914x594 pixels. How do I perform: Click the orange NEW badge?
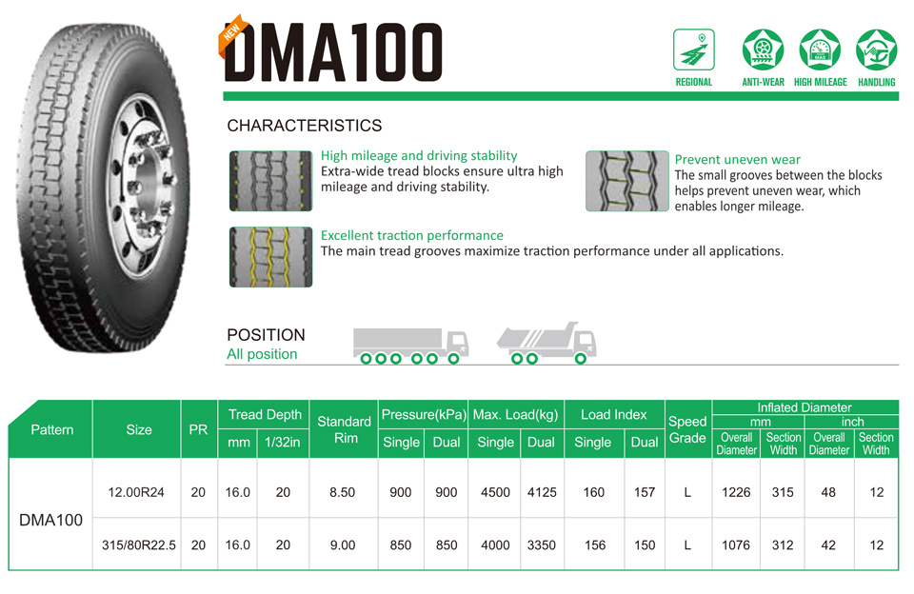pos(232,35)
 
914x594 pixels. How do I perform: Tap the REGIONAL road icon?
pos(694,49)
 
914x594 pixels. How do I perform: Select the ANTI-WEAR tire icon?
pos(763,49)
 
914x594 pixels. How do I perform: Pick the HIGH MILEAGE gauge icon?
pos(820,49)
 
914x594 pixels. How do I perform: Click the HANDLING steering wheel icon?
pos(877,49)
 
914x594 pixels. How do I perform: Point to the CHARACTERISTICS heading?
pos(305,126)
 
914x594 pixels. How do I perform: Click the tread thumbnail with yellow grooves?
pos(270,257)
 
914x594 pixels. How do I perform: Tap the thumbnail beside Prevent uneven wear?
pos(627,181)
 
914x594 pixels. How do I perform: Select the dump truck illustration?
pos(546,343)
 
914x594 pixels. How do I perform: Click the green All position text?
pos(262,354)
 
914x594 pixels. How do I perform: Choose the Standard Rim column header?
pos(344,429)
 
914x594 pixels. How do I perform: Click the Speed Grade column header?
pos(687,429)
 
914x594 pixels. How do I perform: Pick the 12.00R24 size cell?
pos(136,492)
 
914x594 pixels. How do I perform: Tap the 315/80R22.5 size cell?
pos(139,545)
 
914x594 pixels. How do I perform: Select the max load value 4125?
pos(542,492)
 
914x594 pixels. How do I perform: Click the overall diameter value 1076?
pos(736,545)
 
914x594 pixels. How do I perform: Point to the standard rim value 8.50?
pos(342,492)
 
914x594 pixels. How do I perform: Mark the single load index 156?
pos(594,545)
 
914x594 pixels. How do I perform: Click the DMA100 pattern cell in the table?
pos(50,520)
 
